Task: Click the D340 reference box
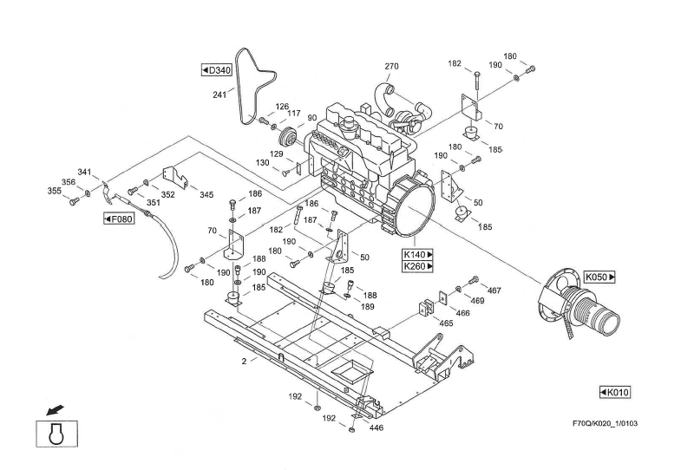(216, 69)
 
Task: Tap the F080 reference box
(118, 219)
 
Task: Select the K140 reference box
(417, 254)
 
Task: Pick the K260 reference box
(417, 266)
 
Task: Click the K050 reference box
(599, 277)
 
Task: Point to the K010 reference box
(615, 392)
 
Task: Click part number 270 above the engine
(391, 67)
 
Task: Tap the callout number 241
(219, 95)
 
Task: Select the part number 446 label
(377, 428)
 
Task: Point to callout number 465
(446, 323)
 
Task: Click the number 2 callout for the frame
(244, 360)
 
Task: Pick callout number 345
(206, 195)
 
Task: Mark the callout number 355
(55, 191)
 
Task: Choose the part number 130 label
(263, 163)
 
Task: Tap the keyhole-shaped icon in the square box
(58, 433)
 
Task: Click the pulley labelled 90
(286, 140)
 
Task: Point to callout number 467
(494, 291)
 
